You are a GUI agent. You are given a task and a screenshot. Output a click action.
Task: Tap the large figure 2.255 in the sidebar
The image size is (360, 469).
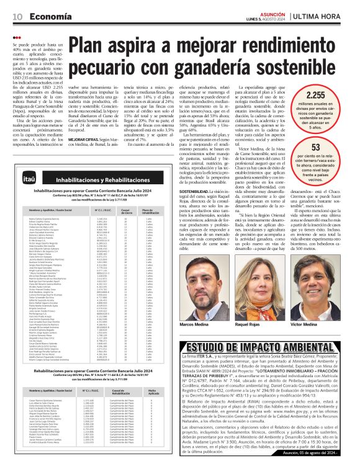point(333,96)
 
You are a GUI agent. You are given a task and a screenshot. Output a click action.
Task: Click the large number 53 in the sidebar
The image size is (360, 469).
point(333,146)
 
